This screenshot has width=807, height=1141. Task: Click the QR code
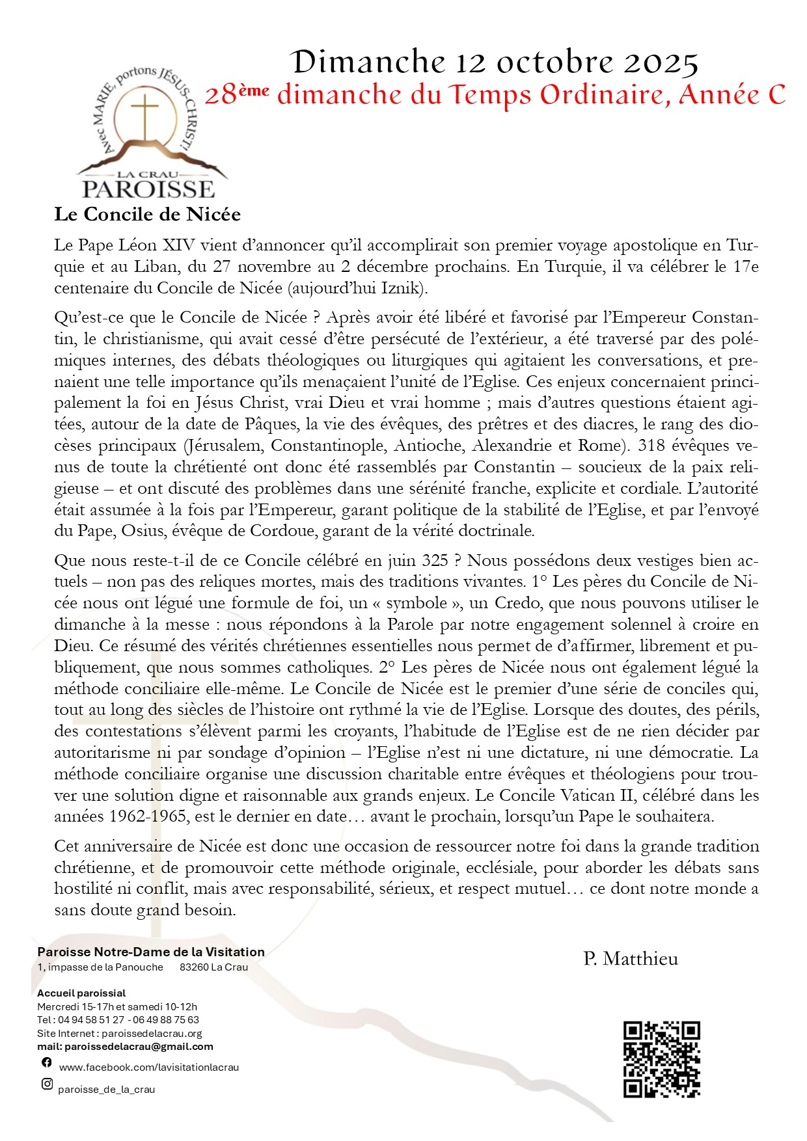click(x=661, y=1060)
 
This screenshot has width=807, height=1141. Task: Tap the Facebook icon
click(x=47, y=1062)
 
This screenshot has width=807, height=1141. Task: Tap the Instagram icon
click(x=47, y=1084)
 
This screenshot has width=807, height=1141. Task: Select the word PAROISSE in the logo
click(x=148, y=189)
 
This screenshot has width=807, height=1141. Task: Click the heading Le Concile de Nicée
click(x=148, y=215)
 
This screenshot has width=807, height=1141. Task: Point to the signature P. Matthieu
click(x=631, y=959)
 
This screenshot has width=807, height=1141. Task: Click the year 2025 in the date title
click(x=661, y=62)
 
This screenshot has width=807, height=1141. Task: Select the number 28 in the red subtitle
click(x=221, y=96)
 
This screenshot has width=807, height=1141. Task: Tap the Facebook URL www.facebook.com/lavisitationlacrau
click(x=149, y=1067)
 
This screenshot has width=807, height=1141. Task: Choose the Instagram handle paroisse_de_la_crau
click(x=107, y=1090)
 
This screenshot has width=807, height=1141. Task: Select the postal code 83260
click(x=194, y=967)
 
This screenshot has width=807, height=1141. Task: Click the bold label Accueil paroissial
click(x=81, y=993)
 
